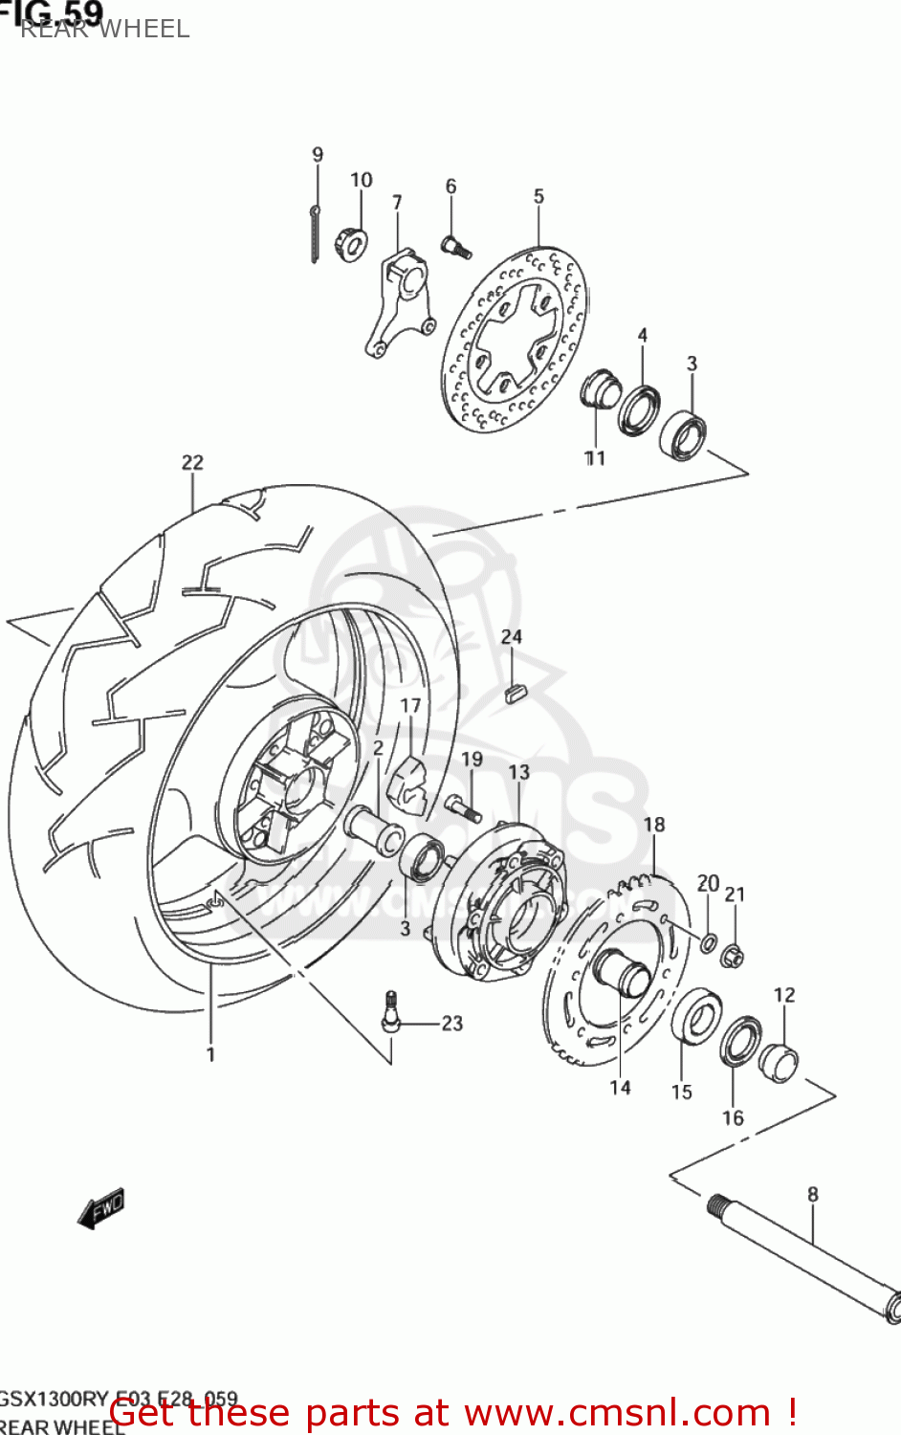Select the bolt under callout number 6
tap(456, 247)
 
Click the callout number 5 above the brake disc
tap(538, 196)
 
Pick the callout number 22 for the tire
tap(192, 462)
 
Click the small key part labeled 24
tap(515, 692)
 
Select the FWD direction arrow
tap(101, 1209)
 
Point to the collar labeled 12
tap(778, 1062)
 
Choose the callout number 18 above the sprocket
tap(654, 825)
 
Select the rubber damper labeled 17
tap(409, 782)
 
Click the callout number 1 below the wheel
tap(210, 1054)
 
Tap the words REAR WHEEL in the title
tap(104, 29)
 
